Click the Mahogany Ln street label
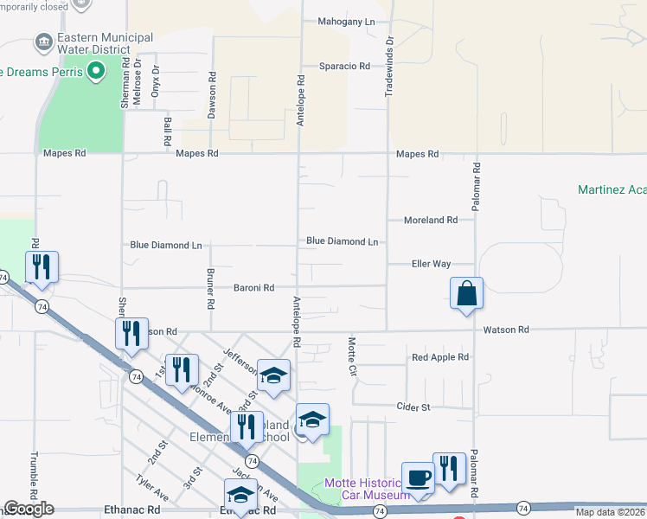pos(346,21)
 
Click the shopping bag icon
pos(466,293)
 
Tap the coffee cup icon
pos(419,477)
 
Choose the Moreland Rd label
pos(430,221)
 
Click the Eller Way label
pos(431,264)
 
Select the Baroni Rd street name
pos(253,287)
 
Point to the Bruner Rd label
pos(210,287)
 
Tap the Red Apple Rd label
pos(439,356)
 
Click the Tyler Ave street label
pos(151,488)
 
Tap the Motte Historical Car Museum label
pos(367,489)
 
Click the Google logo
pos(29,509)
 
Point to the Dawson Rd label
pos(211,88)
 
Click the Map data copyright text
pos(610,512)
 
